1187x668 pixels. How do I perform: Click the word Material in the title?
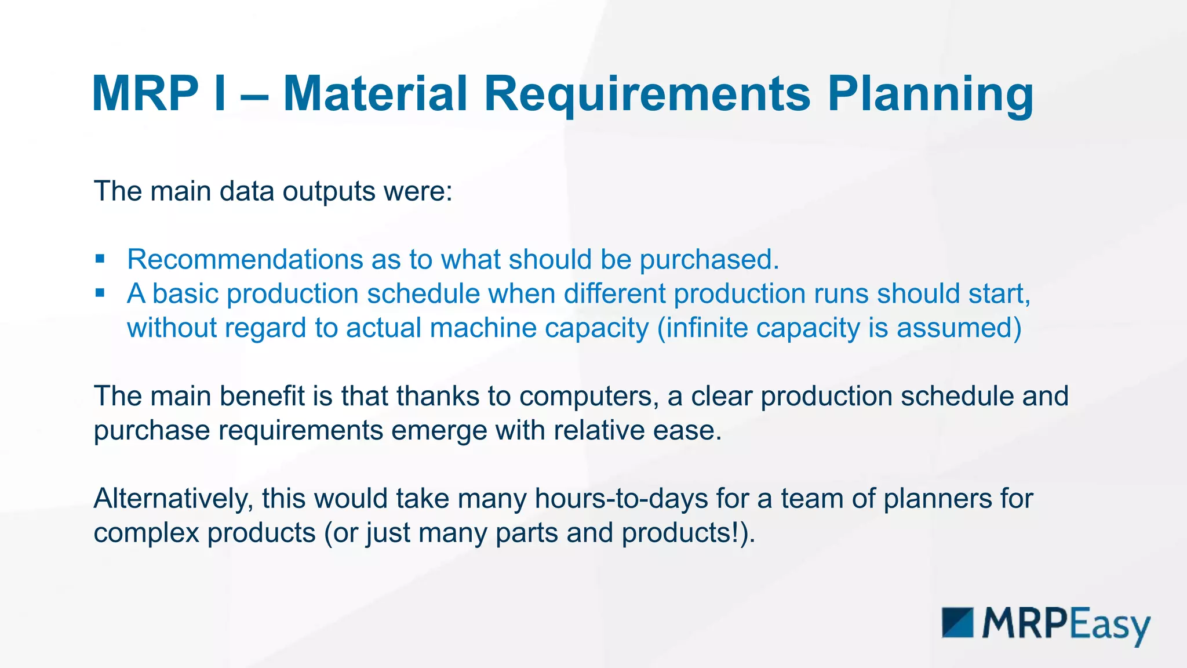(x=375, y=94)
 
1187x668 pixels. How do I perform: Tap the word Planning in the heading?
(x=930, y=94)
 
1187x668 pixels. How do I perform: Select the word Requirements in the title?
(x=647, y=94)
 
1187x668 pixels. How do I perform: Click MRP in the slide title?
(x=145, y=94)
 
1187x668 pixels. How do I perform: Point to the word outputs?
(x=329, y=191)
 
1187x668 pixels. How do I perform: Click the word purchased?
(x=709, y=259)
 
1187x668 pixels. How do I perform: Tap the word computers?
(x=589, y=397)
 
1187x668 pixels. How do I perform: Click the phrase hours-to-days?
(x=621, y=499)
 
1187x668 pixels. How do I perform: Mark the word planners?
(x=938, y=499)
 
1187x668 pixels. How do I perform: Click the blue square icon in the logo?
(x=957, y=623)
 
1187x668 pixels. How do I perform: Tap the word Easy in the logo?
(x=1109, y=625)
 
